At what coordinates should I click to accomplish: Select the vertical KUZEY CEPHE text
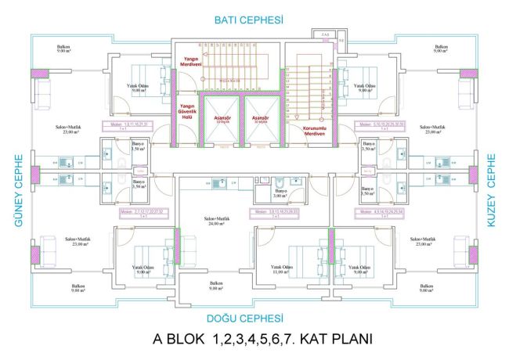(493, 183)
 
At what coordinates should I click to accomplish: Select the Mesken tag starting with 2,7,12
(139, 213)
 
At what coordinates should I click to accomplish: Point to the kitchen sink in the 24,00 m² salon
(225, 183)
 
